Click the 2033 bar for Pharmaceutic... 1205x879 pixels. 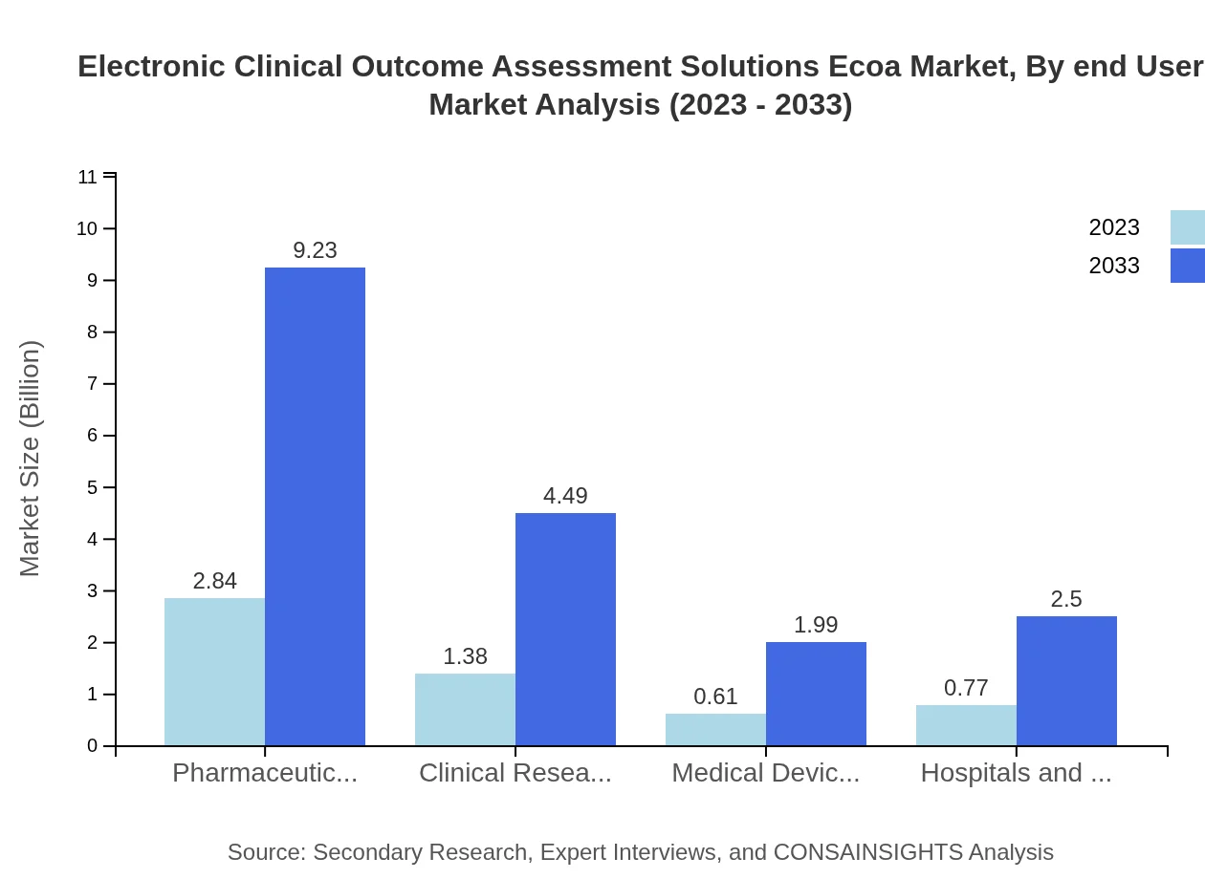pos(315,506)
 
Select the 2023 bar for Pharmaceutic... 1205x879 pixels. pos(214,672)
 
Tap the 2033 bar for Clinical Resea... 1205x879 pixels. pos(565,629)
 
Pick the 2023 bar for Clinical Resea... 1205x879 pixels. pos(465,709)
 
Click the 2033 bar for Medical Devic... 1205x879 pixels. pos(816,694)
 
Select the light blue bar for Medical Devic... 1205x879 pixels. pos(715,729)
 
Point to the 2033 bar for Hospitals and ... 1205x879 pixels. pos(1066,680)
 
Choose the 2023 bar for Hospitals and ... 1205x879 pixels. pos(966,725)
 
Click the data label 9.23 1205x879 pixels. pos(315,250)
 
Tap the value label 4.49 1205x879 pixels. pos(565,496)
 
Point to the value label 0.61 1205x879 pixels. pos(715,697)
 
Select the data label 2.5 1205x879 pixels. pos(1066,599)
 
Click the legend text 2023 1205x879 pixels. pos(1114,227)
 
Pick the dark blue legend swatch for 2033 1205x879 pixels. pos(1187,266)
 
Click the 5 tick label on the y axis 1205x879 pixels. pos(93,487)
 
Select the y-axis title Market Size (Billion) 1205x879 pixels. pos(31,459)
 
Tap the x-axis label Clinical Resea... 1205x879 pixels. pos(515,773)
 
